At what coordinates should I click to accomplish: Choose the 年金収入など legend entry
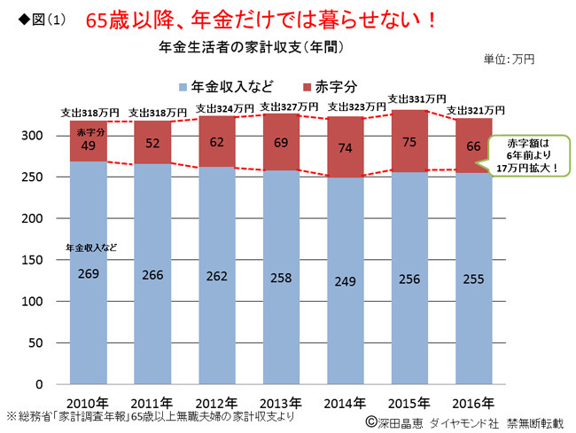(225, 86)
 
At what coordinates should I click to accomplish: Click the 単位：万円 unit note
(509, 59)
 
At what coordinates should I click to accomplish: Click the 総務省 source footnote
(150, 415)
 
